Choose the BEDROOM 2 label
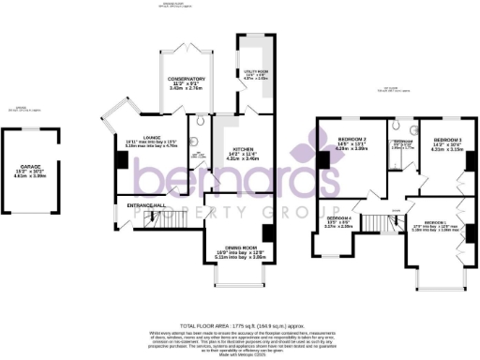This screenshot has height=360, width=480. tap(349, 142)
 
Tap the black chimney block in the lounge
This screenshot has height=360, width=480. tap(118, 158)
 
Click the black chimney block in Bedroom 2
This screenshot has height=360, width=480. tap(321, 158)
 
